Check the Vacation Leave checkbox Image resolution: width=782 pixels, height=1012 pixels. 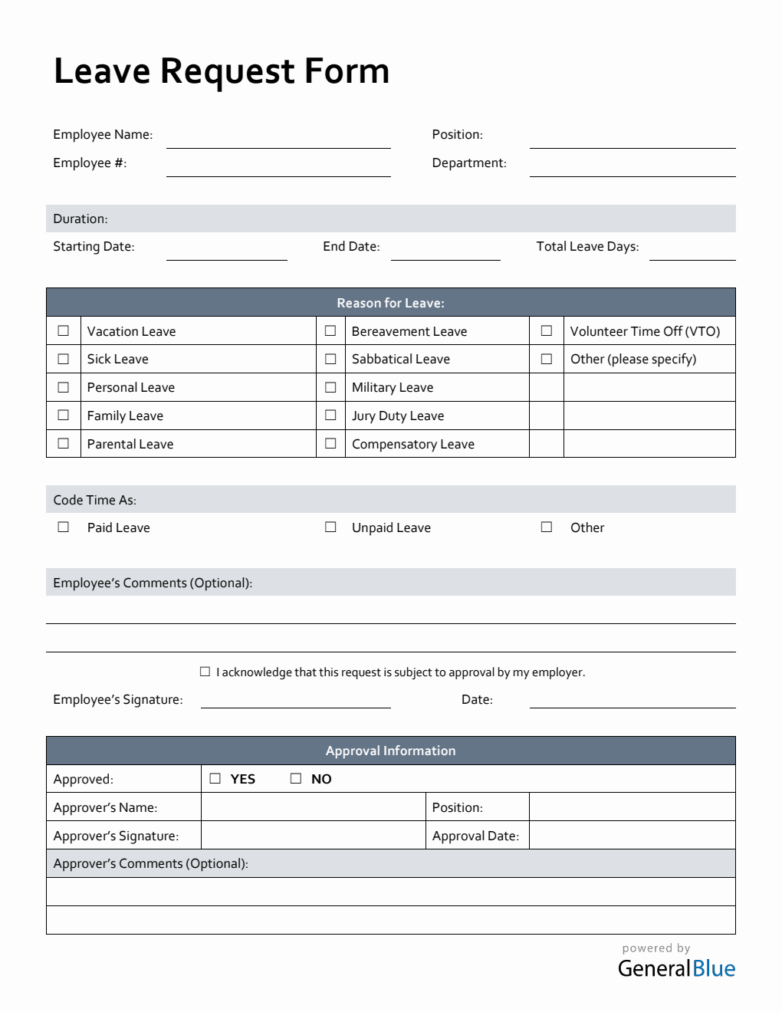pyautogui.click(x=64, y=330)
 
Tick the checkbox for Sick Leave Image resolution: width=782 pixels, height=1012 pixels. pyautogui.click(x=64, y=359)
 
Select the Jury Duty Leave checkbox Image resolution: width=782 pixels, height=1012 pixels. pyautogui.click(x=330, y=415)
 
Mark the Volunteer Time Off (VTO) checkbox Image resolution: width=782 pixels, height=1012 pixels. pyautogui.click(x=547, y=330)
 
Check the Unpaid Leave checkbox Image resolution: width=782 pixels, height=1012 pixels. pyautogui.click(x=330, y=527)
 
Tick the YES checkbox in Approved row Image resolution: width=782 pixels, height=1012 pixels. pyautogui.click(x=215, y=778)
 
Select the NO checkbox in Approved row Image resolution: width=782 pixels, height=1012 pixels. pyautogui.click(x=296, y=778)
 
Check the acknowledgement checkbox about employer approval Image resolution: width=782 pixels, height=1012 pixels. pyautogui.click(x=205, y=672)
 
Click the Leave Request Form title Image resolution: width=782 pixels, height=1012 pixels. pyautogui.click(x=222, y=71)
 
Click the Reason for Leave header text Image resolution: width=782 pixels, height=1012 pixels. pyautogui.click(x=390, y=303)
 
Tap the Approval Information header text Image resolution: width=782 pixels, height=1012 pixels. pyautogui.click(x=390, y=751)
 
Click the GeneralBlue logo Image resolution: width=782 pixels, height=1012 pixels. pyautogui.click(x=676, y=968)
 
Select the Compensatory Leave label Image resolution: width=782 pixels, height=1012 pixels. pyautogui.click(x=412, y=444)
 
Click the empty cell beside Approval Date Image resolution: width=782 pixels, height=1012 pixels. pyautogui.click(x=632, y=835)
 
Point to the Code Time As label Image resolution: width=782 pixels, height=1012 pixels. pyautogui.click(x=94, y=500)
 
